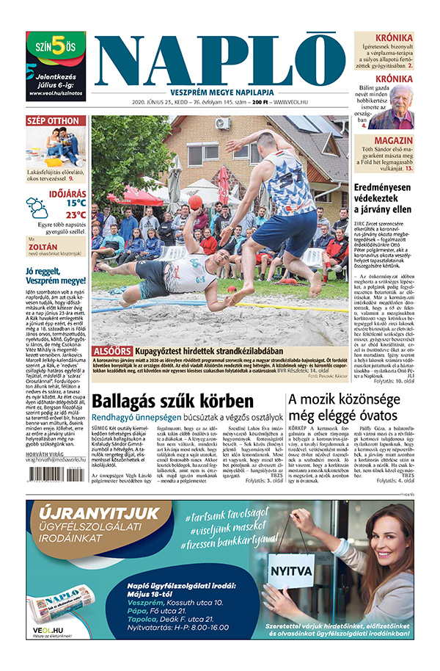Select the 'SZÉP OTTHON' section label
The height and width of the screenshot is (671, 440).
point(53,120)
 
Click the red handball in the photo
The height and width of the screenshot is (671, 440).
point(196,202)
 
